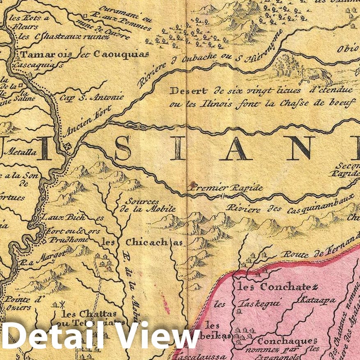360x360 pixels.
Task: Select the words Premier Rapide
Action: (226, 188)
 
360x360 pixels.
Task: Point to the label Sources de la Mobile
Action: (150, 205)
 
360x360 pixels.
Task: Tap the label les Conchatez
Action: (277, 287)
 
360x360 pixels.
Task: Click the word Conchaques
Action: (287, 341)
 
